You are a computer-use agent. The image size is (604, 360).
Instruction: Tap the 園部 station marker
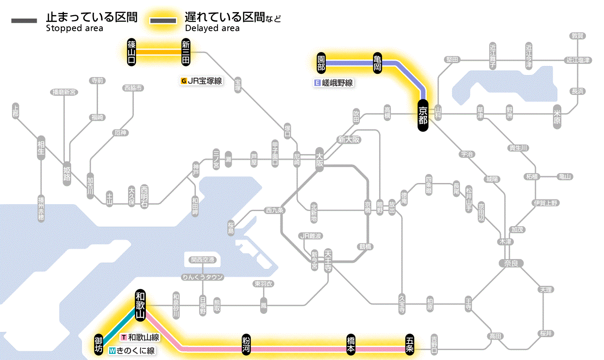click(321, 63)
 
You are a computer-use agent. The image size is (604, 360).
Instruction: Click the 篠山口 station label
click(132, 52)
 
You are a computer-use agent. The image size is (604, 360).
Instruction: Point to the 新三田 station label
click(186, 52)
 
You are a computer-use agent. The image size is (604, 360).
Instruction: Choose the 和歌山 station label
click(140, 305)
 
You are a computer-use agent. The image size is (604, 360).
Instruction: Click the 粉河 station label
click(246, 344)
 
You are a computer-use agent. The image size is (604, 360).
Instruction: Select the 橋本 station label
click(351, 344)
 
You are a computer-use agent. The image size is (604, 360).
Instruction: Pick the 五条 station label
click(409, 344)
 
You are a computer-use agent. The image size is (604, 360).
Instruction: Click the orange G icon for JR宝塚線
click(184, 81)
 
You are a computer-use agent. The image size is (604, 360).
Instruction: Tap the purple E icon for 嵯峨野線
click(318, 83)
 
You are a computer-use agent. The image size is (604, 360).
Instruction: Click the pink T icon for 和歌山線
click(124, 337)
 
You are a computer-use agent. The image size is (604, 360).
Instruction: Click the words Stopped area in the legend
click(74, 28)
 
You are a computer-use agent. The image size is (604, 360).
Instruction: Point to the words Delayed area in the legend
click(212, 28)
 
